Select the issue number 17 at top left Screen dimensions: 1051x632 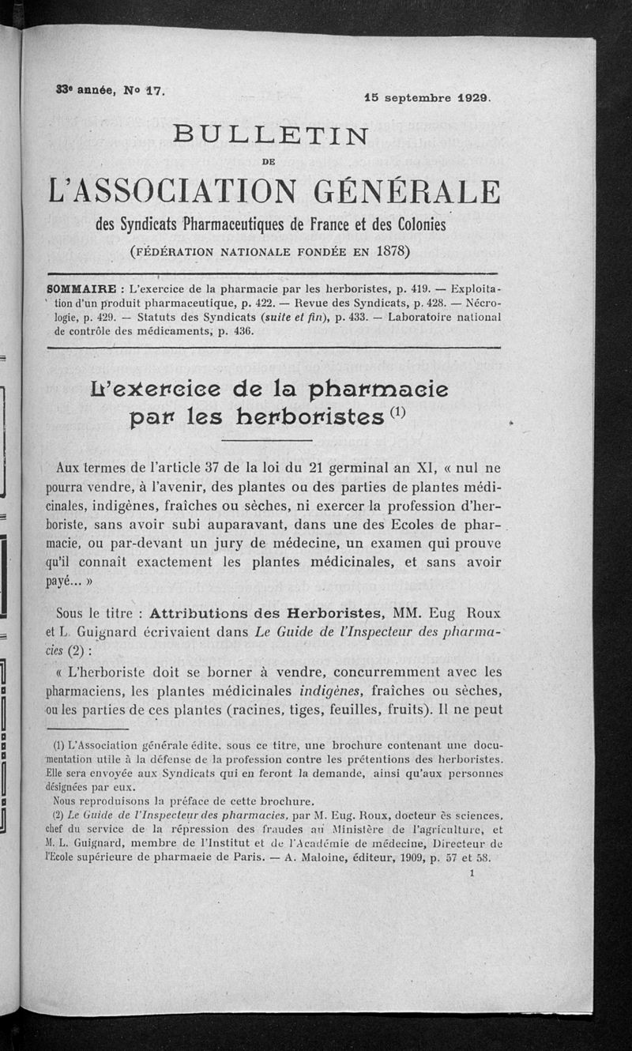[152, 91]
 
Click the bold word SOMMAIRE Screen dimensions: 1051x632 [81, 288]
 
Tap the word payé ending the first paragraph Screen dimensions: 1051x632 [74, 579]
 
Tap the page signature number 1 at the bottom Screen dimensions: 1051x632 [472, 876]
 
